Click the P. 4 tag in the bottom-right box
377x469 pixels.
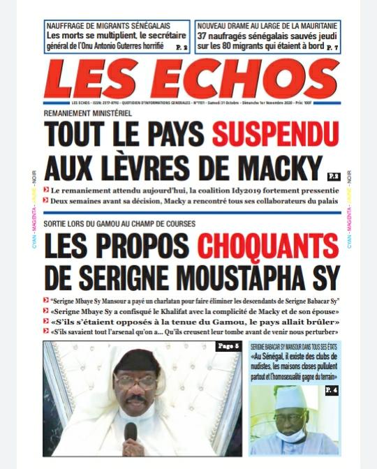(331, 390)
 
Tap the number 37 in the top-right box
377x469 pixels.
(204, 36)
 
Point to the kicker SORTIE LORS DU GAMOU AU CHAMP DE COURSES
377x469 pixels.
(119, 224)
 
